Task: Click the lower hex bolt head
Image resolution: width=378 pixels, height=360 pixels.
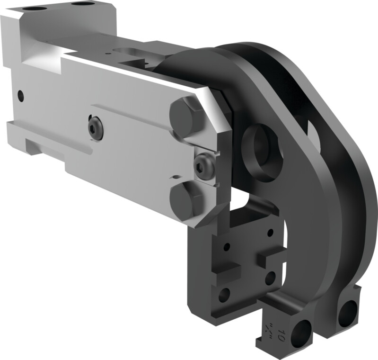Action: [x=186, y=200]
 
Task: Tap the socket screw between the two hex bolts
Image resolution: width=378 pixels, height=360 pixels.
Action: [x=204, y=166]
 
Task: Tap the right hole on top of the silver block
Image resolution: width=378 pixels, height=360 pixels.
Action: [x=81, y=3]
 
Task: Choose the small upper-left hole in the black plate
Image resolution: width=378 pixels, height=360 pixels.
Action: [x=227, y=247]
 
